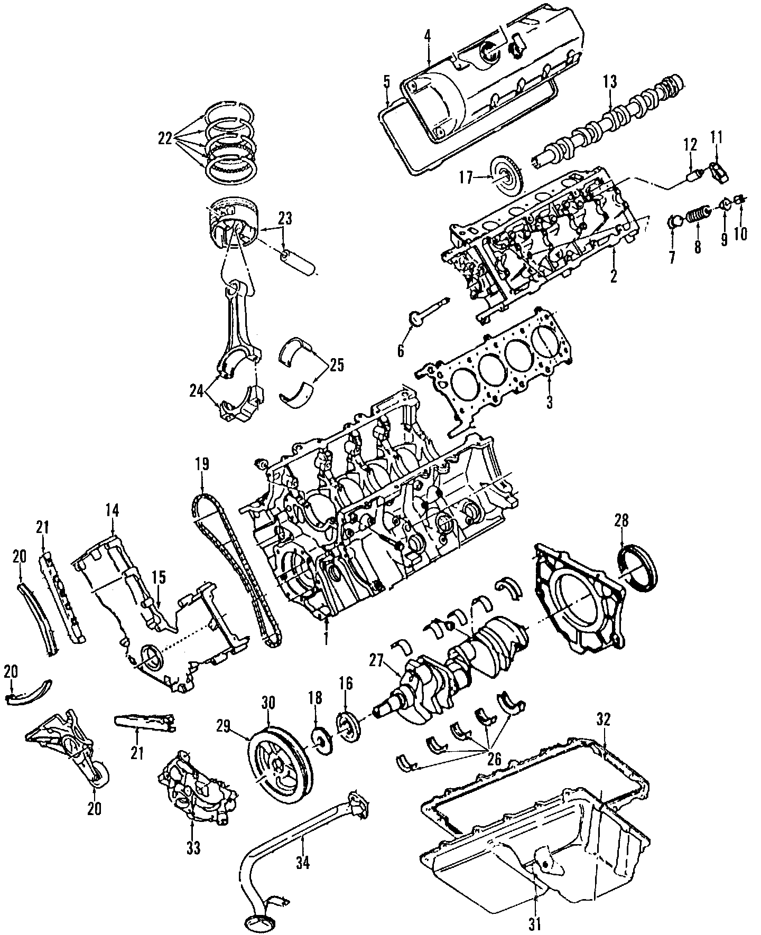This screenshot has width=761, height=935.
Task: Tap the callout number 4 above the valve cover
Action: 427,36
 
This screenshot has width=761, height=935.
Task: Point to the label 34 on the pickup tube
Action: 302,863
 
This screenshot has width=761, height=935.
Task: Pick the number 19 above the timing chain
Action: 202,464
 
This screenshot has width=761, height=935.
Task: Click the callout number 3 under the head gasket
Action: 549,403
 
